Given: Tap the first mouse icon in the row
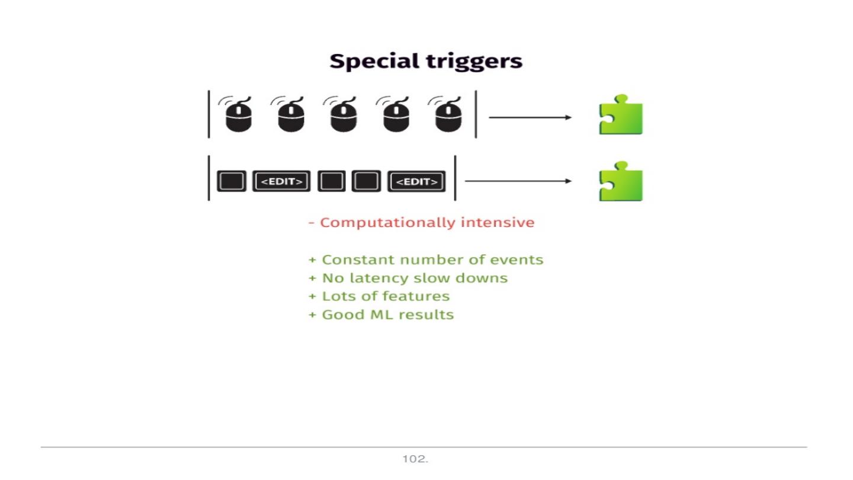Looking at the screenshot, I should (x=238, y=116).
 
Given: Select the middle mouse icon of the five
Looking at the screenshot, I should (x=343, y=116).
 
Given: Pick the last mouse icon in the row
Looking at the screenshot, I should (x=448, y=116).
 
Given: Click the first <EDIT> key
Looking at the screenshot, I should (x=282, y=181).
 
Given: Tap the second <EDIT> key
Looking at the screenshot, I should (x=416, y=181).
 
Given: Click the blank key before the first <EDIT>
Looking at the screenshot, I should (x=231, y=181).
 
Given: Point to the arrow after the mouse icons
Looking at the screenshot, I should (x=530, y=117).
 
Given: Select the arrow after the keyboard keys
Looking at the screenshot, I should (x=518, y=181).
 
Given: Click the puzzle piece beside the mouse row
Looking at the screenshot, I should (x=621, y=115).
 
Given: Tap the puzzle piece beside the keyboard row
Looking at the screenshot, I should (x=621, y=181).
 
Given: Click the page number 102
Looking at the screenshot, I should (x=415, y=459).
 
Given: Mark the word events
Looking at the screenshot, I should (x=521, y=260).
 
